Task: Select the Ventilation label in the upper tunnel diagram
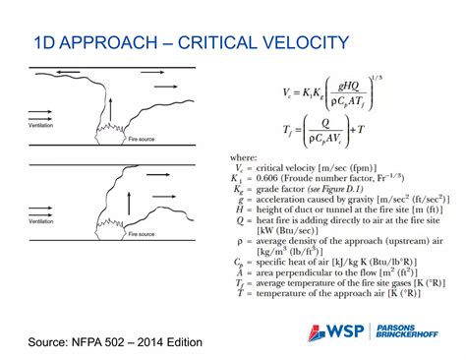point(43,126)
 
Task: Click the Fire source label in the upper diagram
point(143,140)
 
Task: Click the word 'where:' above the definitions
point(243,157)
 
